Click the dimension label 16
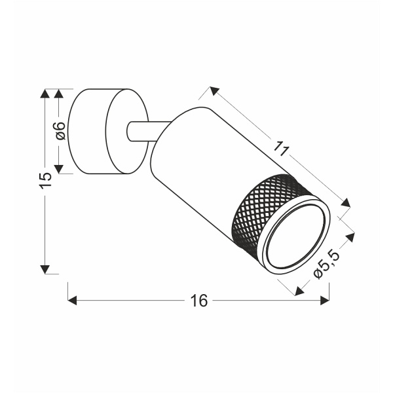click(x=198, y=301)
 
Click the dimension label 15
click(x=45, y=180)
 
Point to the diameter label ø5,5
click(x=325, y=269)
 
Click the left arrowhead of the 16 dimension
click(x=73, y=301)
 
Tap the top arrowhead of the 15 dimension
click(x=45, y=94)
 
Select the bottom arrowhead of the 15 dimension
click(x=45, y=269)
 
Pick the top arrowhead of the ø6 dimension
click(x=60, y=93)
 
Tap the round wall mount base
click(x=105, y=131)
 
